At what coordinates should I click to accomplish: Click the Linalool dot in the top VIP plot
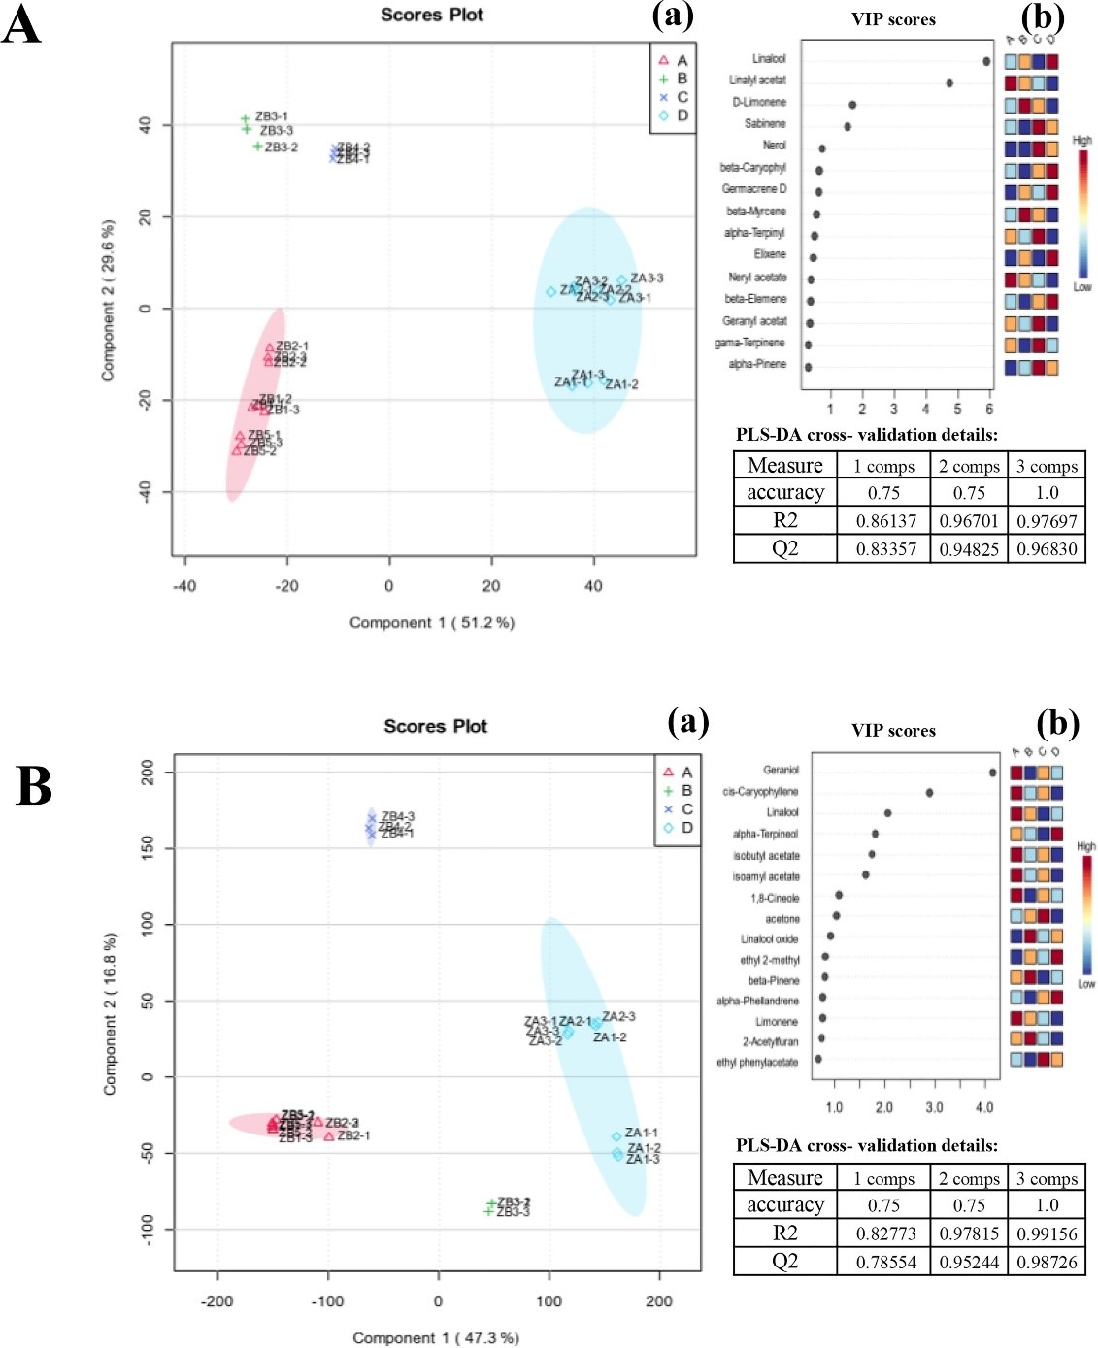[x=986, y=61]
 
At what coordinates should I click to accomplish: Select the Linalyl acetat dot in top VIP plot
[x=949, y=83]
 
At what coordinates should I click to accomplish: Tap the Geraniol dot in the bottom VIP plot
[x=992, y=773]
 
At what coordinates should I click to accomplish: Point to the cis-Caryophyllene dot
[x=929, y=793]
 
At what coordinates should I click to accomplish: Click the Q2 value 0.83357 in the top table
[x=885, y=548]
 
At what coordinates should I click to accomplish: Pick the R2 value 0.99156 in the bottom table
[x=1047, y=1233]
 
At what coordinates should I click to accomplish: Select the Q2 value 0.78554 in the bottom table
[x=885, y=1262]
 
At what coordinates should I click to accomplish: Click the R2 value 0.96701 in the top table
[x=969, y=521]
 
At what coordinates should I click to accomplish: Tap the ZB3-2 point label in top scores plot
[x=281, y=148]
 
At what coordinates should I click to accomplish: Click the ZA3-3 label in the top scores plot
[x=647, y=279]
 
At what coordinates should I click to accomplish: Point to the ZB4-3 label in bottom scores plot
[x=397, y=816]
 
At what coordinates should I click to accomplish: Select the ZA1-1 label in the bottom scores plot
[x=641, y=1133]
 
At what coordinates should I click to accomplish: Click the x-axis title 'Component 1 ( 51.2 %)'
[x=432, y=622]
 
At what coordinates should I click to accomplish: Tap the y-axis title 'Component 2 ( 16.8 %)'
[x=110, y=1014]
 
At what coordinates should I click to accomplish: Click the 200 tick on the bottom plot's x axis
[x=659, y=1300]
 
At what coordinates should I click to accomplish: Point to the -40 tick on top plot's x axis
[x=183, y=585]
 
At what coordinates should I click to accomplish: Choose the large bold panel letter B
[x=34, y=786]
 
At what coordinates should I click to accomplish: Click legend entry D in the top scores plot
[x=682, y=115]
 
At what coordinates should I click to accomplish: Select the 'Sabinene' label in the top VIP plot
[x=765, y=124]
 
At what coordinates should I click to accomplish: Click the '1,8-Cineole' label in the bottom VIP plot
[x=775, y=898]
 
